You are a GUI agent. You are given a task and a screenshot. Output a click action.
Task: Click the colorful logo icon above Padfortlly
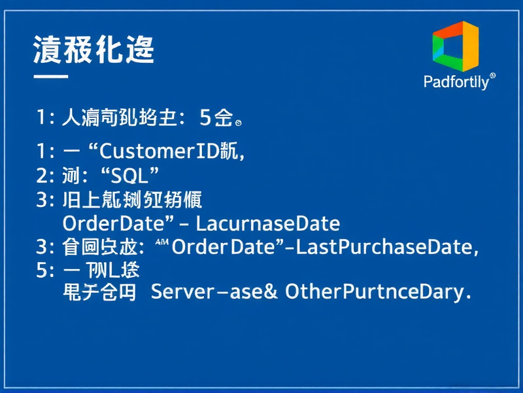click(455, 46)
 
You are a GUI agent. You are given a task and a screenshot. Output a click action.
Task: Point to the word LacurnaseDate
click(268, 223)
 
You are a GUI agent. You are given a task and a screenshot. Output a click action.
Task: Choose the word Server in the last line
click(182, 291)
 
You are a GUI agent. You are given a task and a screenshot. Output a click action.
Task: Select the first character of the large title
click(47, 50)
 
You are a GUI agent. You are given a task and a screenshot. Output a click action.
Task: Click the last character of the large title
click(139, 50)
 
